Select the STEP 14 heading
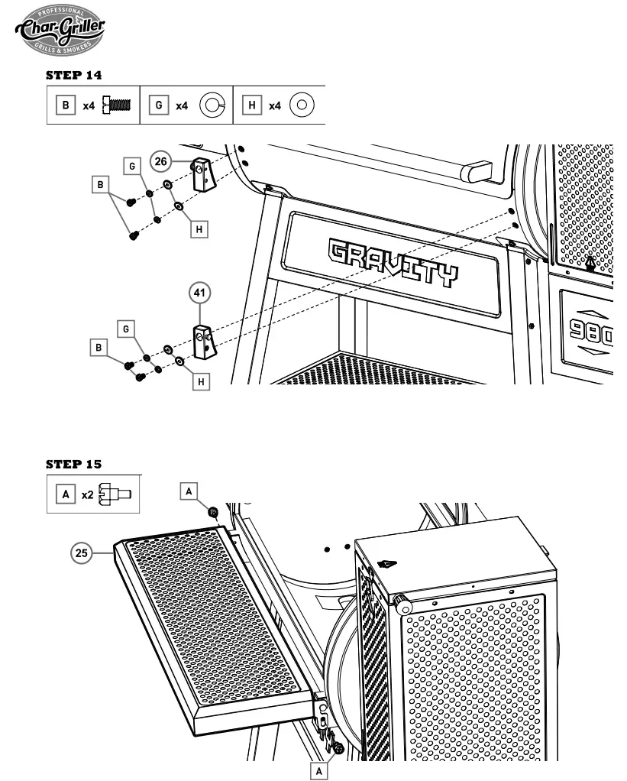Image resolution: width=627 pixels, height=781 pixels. pos(74,76)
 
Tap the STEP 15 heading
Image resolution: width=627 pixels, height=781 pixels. pos(74,464)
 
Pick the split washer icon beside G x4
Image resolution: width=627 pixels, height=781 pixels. pos(210,105)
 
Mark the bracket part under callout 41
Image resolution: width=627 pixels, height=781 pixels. pos(203,342)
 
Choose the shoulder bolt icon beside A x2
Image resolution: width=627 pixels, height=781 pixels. pos(116,494)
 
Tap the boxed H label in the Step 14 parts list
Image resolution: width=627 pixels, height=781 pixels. pos(252,105)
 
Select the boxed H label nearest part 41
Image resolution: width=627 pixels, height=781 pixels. pos(201,380)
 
